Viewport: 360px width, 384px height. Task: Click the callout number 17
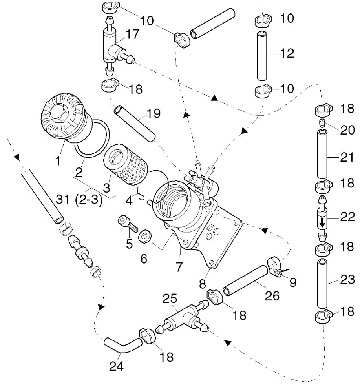[132, 34]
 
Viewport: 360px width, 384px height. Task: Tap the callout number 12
[287, 53]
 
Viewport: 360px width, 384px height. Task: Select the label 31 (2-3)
[79, 200]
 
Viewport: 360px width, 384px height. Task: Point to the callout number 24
[116, 366]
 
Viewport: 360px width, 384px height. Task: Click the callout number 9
[293, 282]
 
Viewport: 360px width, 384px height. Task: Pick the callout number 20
[347, 130]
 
